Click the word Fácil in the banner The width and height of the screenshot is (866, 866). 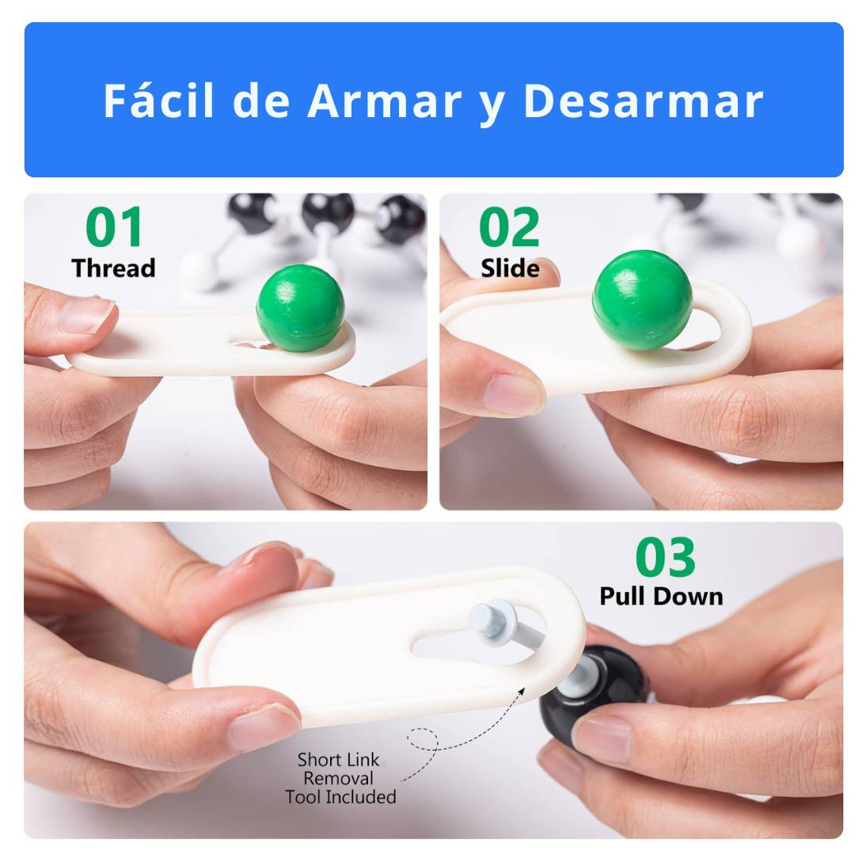point(158,101)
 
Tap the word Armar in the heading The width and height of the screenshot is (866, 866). point(385,101)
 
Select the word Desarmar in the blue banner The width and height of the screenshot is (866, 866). point(644,101)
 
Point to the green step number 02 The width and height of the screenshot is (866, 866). point(509,227)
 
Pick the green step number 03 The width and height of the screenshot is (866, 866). point(665,556)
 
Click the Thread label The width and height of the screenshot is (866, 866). point(113,268)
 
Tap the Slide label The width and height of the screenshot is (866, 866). point(510,268)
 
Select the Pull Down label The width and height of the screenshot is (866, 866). point(661,597)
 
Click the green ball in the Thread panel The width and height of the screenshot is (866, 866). point(301,308)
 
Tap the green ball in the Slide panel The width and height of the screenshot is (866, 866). point(642,300)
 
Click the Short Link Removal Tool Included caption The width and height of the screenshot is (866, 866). point(340,778)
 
